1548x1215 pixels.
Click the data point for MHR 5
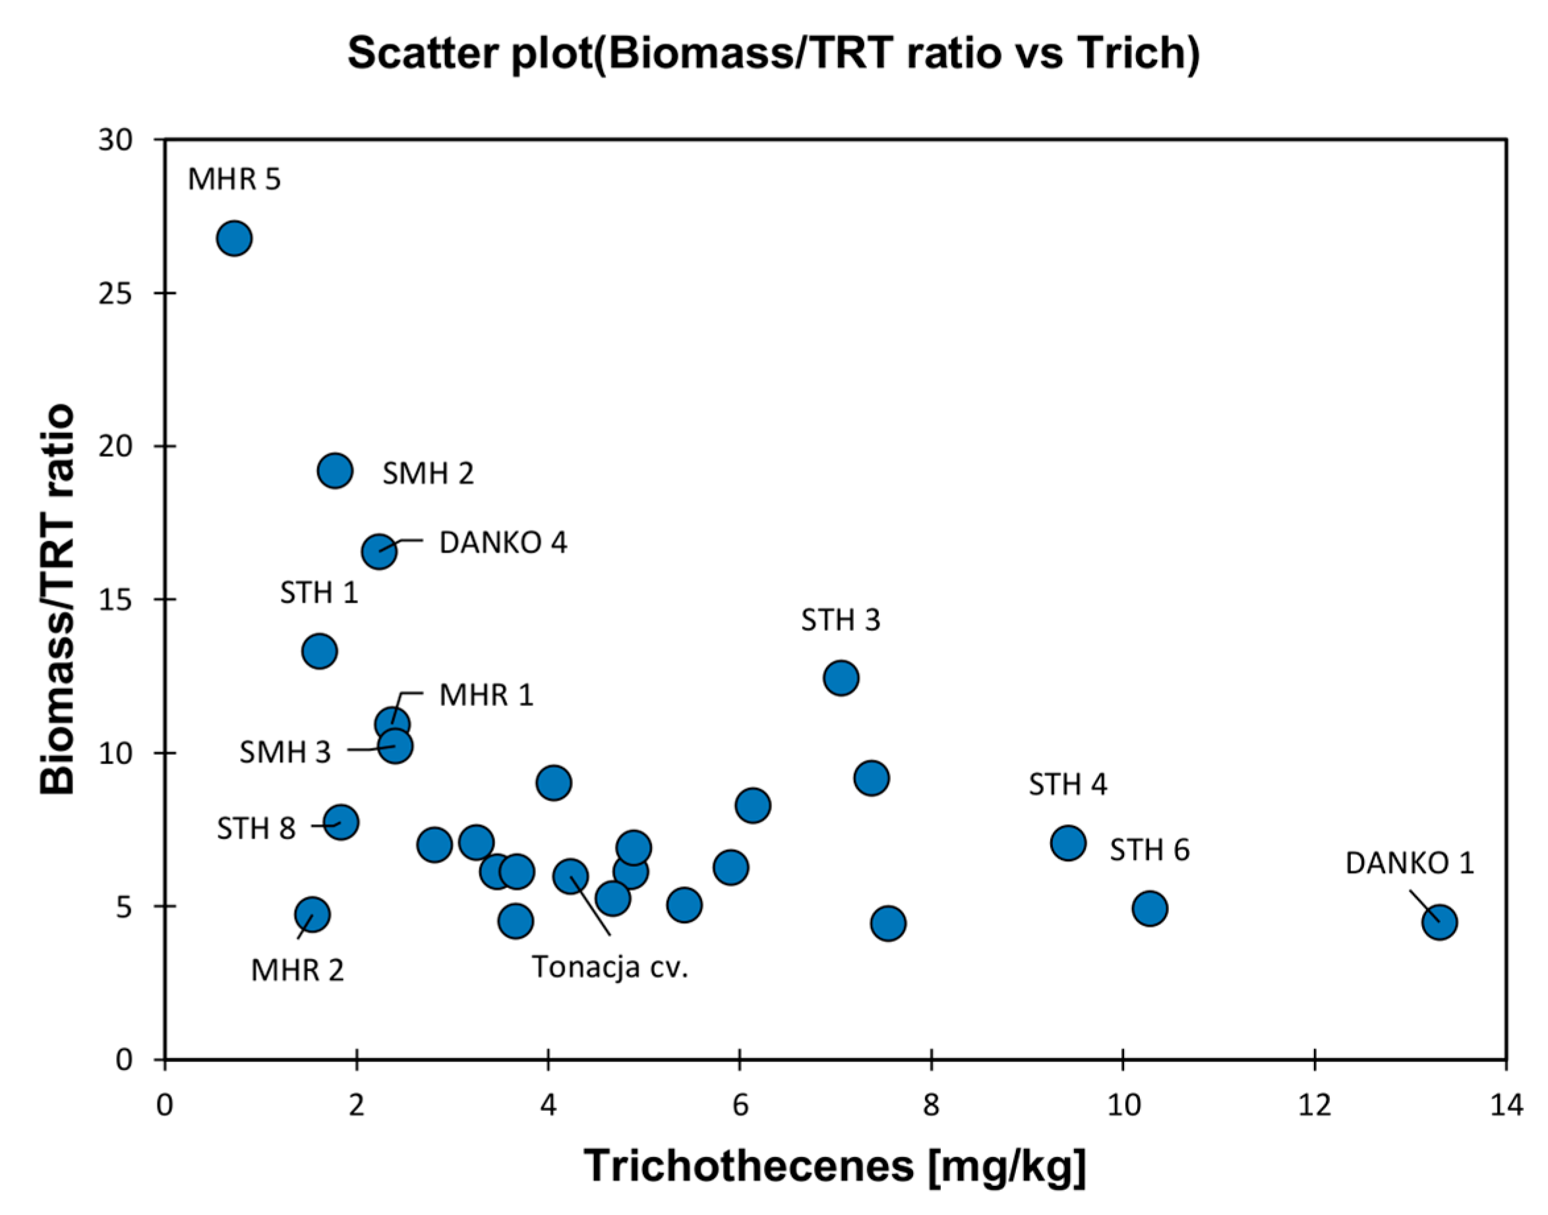coord(234,238)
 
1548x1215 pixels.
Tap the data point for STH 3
coord(841,678)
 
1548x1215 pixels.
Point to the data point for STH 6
coord(1150,908)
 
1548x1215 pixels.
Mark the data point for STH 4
coord(1068,843)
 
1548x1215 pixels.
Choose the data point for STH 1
coord(319,651)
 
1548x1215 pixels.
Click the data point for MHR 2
coord(312,914)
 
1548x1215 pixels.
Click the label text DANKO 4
coord(503,543)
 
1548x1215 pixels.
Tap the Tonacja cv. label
coord(610,966)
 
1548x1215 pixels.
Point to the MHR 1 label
coord(487,695)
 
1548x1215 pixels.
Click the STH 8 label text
coord(256,828)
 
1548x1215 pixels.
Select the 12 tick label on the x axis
coord(1314,1106)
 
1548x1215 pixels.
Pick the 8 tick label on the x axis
coord(930,1106)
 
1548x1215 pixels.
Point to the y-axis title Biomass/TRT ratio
coord(57,599)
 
